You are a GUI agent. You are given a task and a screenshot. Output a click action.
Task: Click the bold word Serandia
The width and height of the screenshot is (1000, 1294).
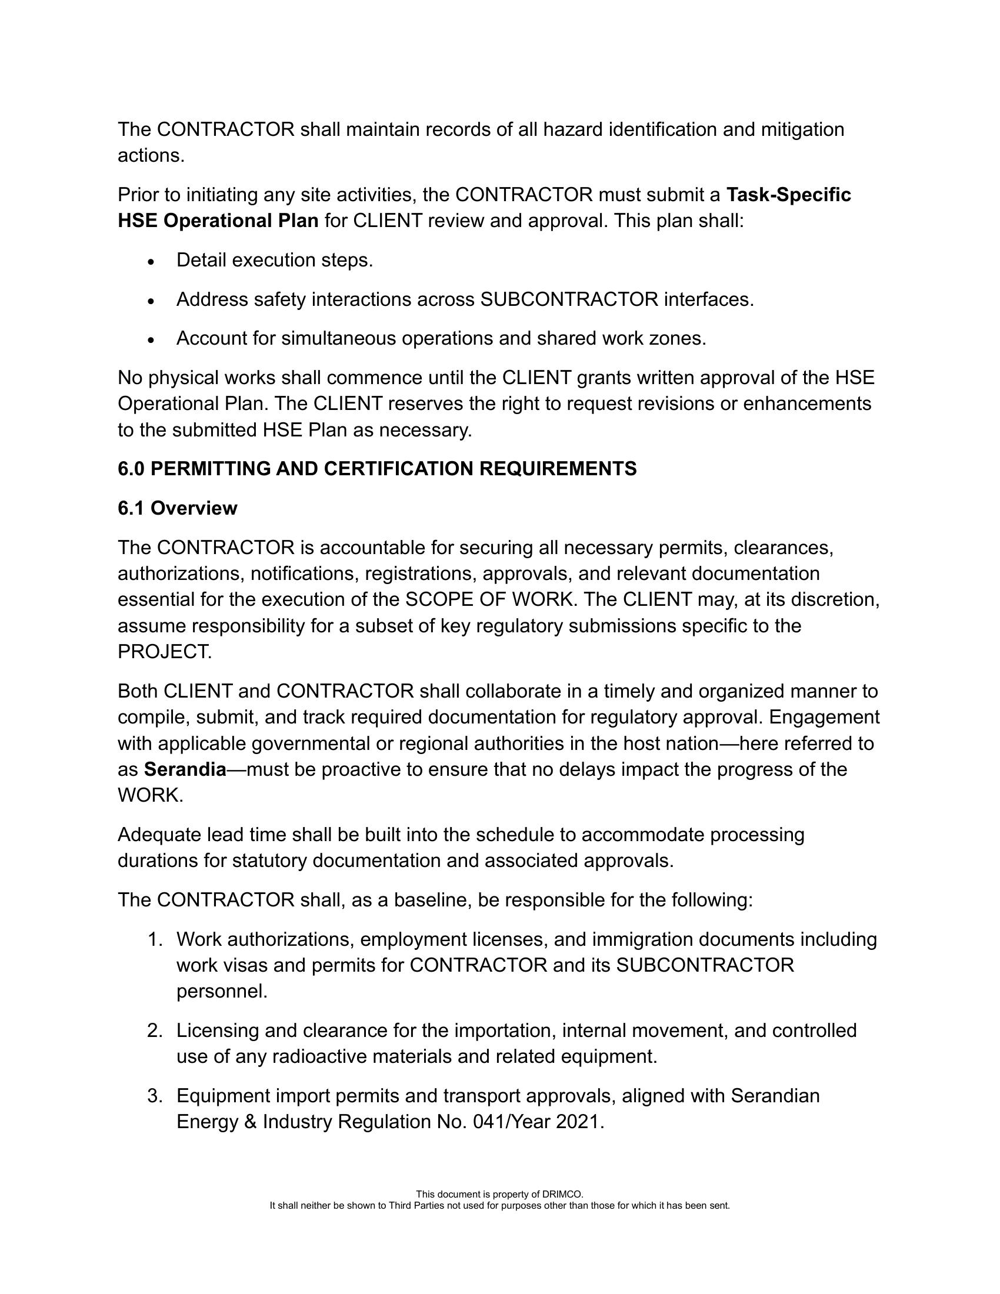(x=185, y=770)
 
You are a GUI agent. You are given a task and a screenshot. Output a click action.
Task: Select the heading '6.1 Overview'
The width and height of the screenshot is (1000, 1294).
(x=177, y=508)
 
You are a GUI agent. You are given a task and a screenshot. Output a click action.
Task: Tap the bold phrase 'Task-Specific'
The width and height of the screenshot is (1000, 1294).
(x=788, y=195)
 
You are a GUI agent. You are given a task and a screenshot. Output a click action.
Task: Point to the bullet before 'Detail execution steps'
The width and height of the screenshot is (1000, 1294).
(x=152, y=261)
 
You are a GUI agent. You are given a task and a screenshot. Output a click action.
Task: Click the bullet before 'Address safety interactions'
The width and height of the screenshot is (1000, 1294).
(x=152, y=301)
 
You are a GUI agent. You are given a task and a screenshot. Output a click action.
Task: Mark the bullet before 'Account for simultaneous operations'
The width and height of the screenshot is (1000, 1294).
(x=152, y=340)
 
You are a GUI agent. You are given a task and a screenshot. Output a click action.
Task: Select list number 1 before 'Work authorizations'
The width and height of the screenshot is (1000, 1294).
(x=155, y=940)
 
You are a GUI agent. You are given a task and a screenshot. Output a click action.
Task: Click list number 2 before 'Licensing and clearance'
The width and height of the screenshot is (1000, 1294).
(x=155, y=1031)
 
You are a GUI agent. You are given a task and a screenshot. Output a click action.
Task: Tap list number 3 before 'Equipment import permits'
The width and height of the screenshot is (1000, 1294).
(x=155, y=1096)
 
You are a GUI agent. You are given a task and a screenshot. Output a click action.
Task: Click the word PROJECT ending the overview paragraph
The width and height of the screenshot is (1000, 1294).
(x=164, y=652)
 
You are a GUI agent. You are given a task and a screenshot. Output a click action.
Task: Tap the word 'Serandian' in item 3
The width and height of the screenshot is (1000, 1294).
(x=775, y=1096)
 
